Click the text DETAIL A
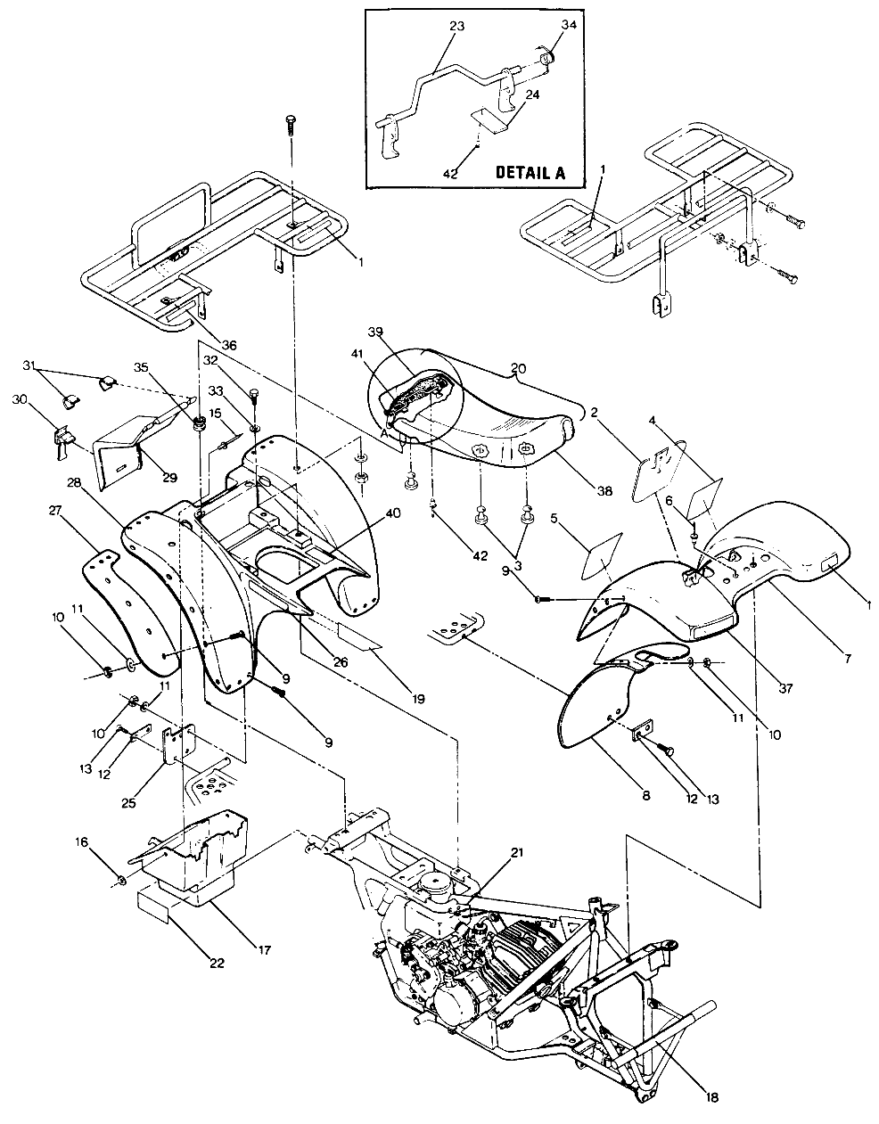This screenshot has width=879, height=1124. coord(530,173)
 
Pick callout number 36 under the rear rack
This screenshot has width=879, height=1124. coord(204,345)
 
